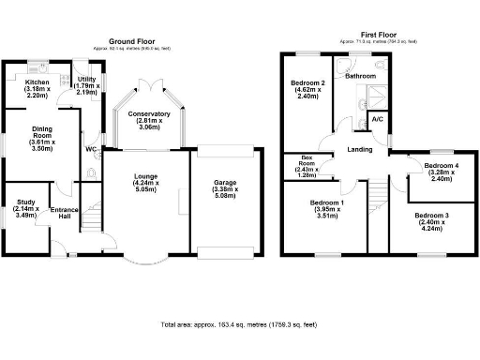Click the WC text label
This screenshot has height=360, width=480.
[91, 149]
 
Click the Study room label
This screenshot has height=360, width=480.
[26, 209]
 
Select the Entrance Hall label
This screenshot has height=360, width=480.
[64, 212]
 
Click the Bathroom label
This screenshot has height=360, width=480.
[360, 76]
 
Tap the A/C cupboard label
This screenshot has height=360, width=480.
[377, 120]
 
